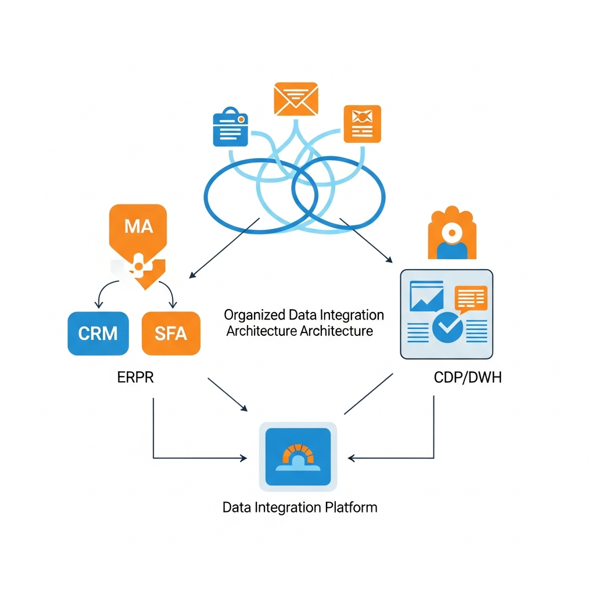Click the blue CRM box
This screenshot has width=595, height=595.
98,333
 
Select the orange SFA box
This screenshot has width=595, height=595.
171,333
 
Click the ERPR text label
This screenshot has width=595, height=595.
136,377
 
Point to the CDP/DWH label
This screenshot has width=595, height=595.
468,377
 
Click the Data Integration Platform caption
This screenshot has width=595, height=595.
300,507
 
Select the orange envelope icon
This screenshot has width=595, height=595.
296,99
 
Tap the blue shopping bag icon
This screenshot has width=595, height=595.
231,126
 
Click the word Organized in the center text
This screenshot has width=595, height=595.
254,315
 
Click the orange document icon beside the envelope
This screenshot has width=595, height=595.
362,124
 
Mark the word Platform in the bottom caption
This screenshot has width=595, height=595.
352,507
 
